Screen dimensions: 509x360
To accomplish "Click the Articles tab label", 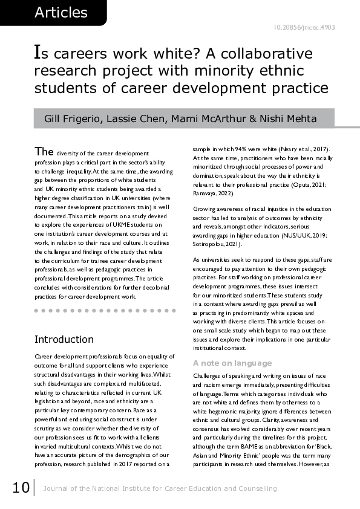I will coord(61,12).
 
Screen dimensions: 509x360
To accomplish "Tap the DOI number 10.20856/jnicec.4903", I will coord(304,27).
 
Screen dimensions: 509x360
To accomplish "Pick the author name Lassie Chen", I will coord(136,117).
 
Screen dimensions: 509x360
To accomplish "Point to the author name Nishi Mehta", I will coord(290,117).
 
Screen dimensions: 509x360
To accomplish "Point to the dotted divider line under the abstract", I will coord(106,311).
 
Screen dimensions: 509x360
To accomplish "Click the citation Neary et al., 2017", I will coord(310,149).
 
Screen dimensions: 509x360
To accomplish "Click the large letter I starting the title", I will coord(38,54).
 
